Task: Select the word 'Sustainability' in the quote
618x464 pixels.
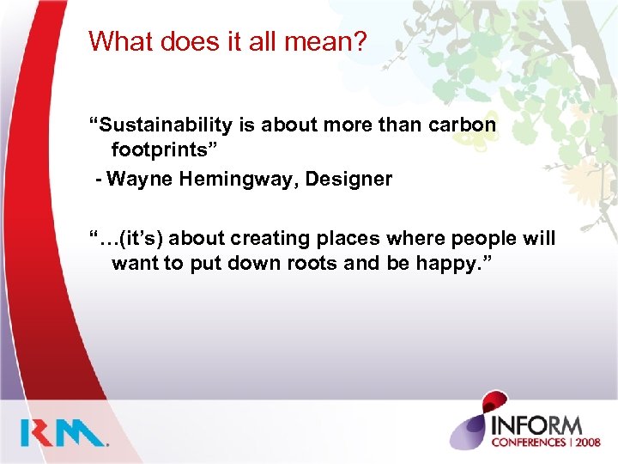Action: [161, 125]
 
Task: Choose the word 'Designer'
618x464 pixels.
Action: [355, 180]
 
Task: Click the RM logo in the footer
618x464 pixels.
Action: [65, 432]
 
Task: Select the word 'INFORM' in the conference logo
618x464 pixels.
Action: [537, 424]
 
